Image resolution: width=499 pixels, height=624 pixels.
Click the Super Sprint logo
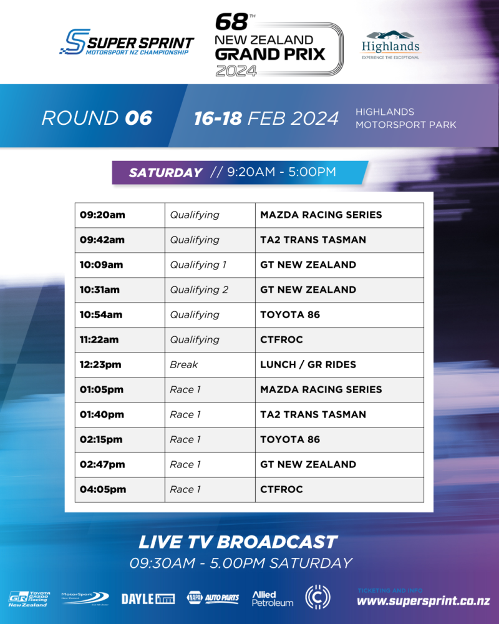127,42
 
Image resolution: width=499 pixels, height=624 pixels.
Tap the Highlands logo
390,45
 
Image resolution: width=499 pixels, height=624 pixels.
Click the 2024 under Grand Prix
236,71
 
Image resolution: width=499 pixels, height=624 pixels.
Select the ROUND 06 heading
97,118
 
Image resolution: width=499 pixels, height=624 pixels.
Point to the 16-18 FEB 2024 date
266,118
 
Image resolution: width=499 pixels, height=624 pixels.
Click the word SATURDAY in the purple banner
165,172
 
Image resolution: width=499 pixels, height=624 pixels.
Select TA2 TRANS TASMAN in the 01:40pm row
312,415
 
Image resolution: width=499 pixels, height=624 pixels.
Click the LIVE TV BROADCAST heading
238,542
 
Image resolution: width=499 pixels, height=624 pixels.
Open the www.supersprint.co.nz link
424,600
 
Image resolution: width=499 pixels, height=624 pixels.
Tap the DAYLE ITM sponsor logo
148,599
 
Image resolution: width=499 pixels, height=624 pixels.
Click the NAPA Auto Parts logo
213,597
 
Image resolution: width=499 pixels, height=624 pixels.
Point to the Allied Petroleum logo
273,598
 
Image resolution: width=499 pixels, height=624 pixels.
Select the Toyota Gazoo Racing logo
29,599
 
